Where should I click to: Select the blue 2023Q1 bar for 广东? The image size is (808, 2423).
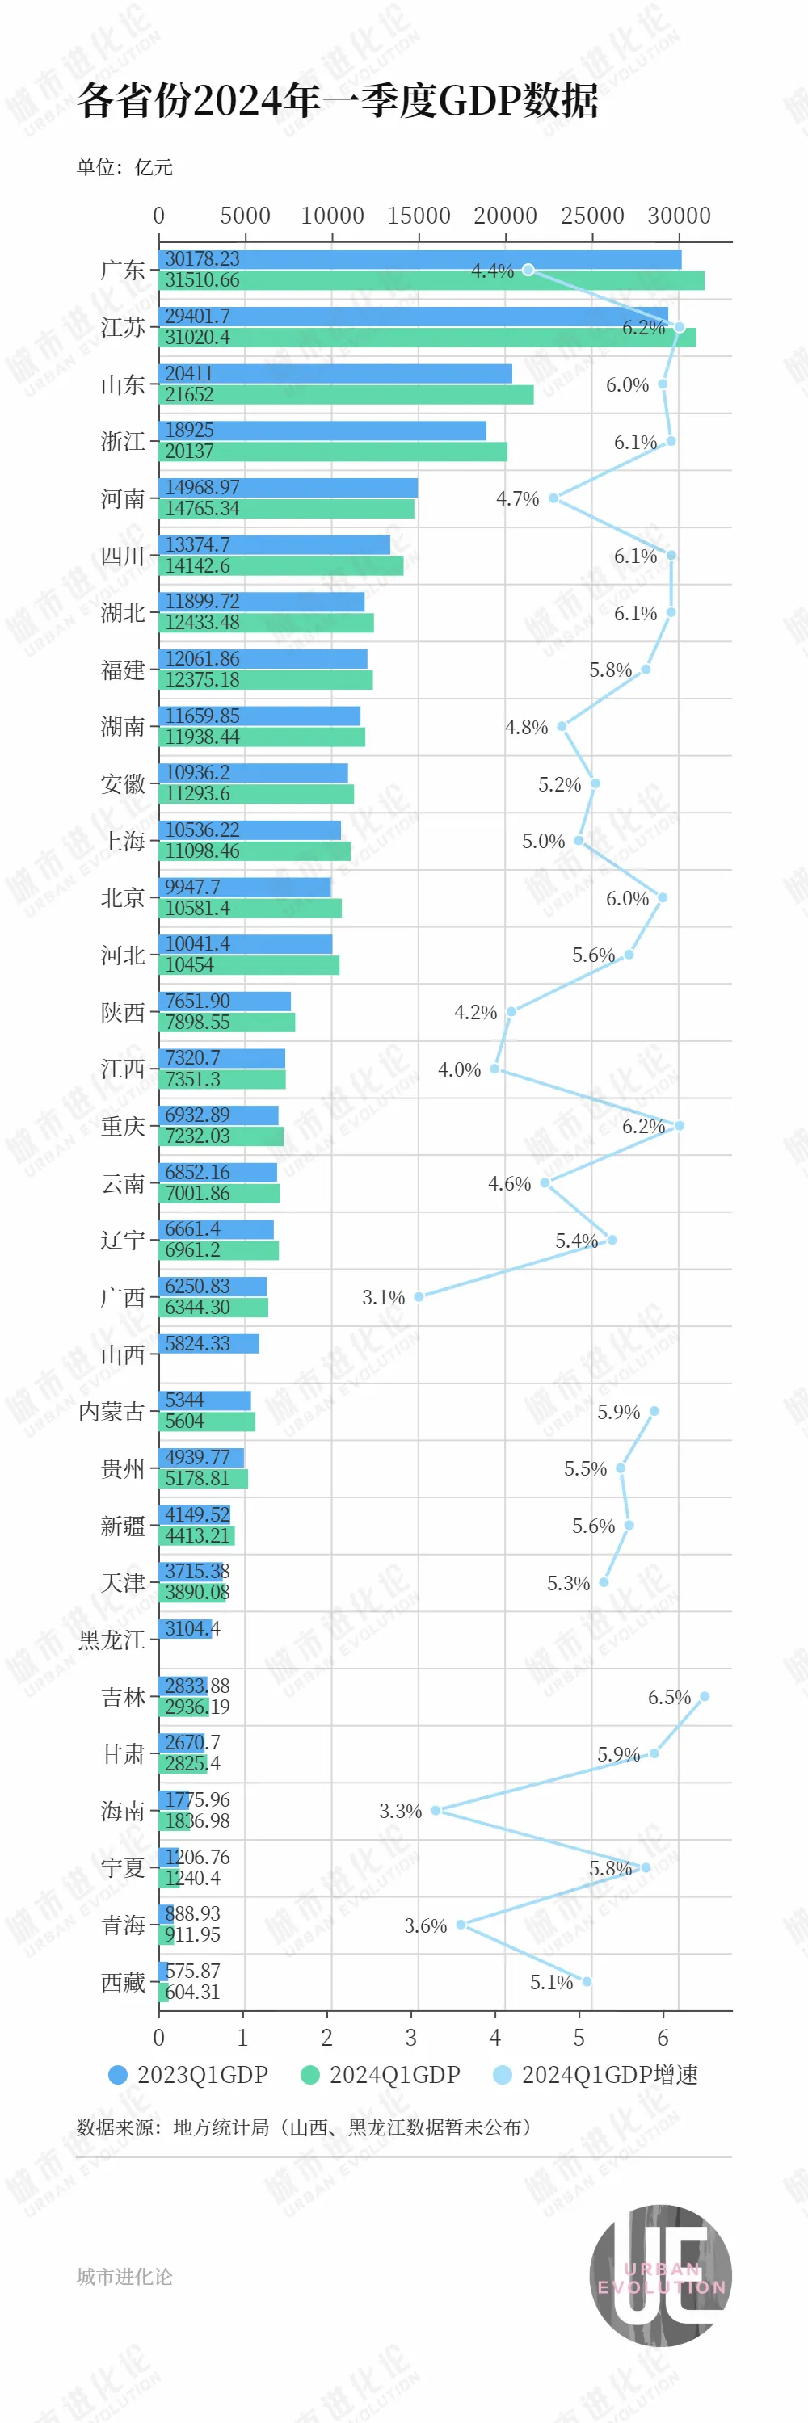[419, 259]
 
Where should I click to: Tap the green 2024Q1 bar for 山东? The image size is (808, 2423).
[345, 395]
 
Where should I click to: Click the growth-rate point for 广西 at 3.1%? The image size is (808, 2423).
[419, 1296]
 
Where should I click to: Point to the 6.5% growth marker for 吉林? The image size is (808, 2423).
[705, 1696]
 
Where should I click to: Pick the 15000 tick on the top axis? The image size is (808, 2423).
[419, 216]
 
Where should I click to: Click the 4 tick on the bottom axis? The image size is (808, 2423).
[494, 2039]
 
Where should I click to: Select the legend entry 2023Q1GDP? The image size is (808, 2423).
[188, 2074]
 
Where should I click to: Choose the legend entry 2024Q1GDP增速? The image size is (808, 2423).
[595, 2074]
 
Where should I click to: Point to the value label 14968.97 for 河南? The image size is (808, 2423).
[202, 487]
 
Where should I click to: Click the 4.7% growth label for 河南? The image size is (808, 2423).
[517, 498]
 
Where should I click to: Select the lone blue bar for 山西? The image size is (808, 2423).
[208, 1343]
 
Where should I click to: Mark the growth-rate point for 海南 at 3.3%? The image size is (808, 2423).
[436, 1810]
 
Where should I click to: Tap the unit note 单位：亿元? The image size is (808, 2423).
[124, 167]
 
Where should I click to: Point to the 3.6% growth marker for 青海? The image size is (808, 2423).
[461, 1925]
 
